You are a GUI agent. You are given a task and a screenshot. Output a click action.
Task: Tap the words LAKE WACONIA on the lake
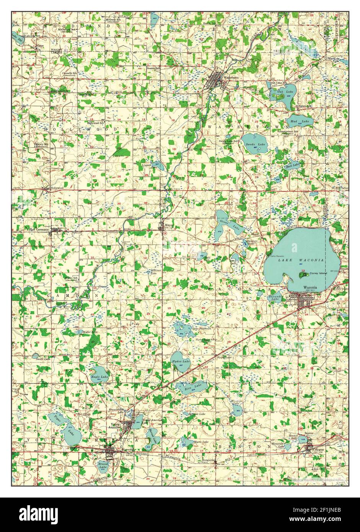click(301, 260)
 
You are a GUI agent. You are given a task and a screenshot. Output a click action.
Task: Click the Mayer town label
click(169, 225)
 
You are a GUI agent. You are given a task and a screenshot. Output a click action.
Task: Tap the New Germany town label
click(39, 230)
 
